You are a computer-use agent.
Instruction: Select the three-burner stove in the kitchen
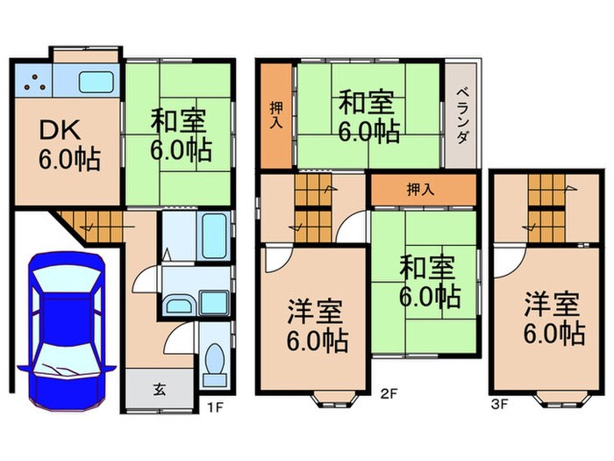click(x=34, y=83)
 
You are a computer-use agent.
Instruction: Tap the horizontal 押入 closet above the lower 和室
click(x=422, y=188)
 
